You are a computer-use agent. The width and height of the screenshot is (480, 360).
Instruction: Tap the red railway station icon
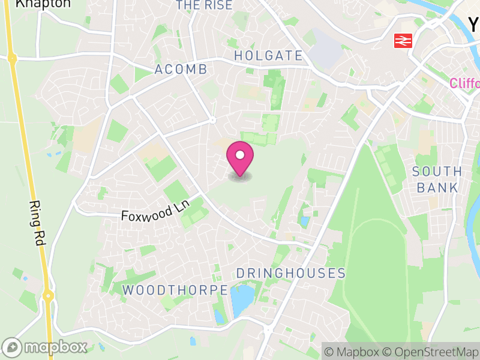(402, 41)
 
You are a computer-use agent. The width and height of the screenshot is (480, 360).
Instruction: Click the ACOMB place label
(181, 70)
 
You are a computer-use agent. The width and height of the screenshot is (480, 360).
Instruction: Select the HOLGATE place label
(268, 56)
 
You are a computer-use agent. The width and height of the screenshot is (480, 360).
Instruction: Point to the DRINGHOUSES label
(291, 274)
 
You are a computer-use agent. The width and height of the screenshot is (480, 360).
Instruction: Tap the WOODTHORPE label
(175, 290)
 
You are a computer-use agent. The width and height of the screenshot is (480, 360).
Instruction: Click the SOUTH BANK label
(437, 179)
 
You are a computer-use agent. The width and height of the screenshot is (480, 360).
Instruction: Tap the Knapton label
(34, 4)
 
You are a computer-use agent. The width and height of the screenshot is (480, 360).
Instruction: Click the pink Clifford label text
(465, 83)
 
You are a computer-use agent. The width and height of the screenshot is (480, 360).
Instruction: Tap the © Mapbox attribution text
(353, 352)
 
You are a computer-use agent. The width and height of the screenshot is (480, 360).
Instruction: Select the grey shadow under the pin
(240, 177)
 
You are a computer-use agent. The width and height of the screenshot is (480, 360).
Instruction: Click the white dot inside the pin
(240, 155)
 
